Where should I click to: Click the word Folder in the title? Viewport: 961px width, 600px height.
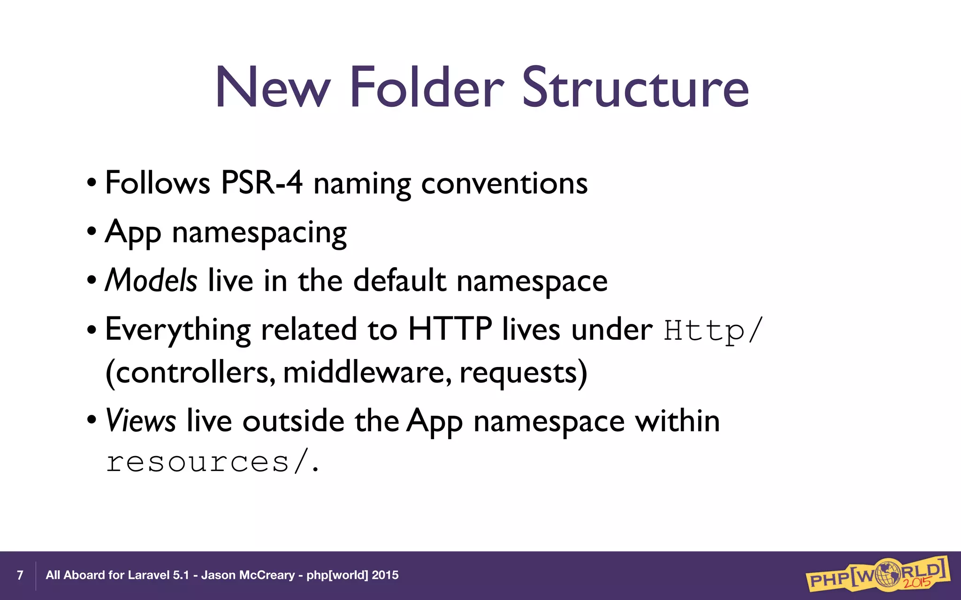coord(427,88)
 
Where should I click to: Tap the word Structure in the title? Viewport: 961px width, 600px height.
coord(635,88)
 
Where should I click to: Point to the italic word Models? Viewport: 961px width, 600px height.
coord(151,280)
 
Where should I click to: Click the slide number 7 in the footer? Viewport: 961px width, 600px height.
coord(20,575)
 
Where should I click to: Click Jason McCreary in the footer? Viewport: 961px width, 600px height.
coord(248,575)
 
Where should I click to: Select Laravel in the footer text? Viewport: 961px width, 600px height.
coord(149,575)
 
